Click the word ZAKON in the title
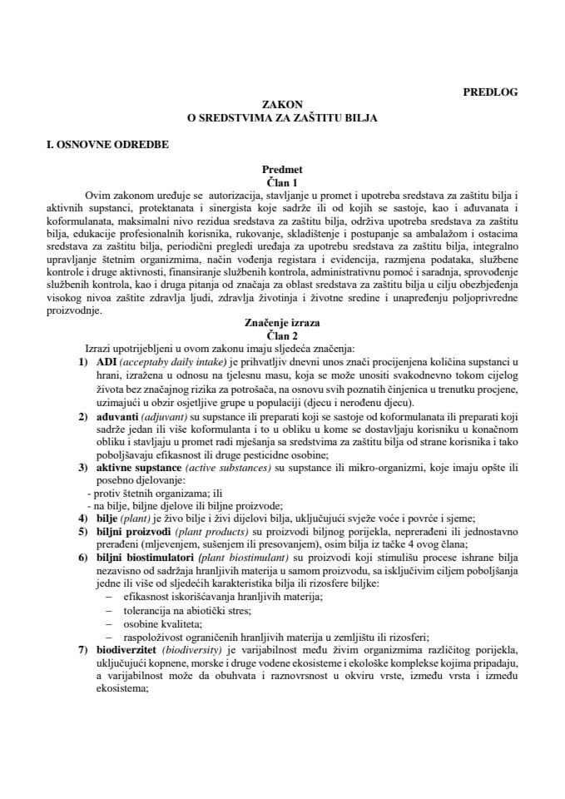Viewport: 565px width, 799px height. [282, 105]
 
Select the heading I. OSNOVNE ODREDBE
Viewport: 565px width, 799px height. [108, 145]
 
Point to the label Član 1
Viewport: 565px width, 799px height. [282, 181]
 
